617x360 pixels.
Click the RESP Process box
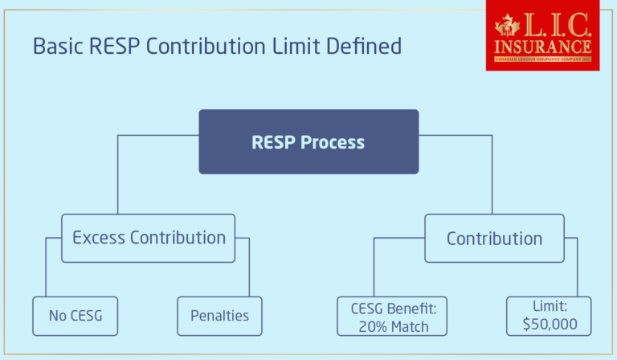pyautogui.click(x=308, y=142)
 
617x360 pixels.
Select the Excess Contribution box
pyautogui.click(x=149, y=238)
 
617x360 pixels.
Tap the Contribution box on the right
pyautogui.click(x=494, y=238)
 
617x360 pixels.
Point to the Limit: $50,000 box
pyautogui.click(x=549, y=316)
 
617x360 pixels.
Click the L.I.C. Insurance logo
pyautogui.click(x=543, y=35)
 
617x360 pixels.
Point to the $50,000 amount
pyautogui.click(x=549, y=325)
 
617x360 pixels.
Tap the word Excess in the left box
pyautogui.click(x=99, y=238)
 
